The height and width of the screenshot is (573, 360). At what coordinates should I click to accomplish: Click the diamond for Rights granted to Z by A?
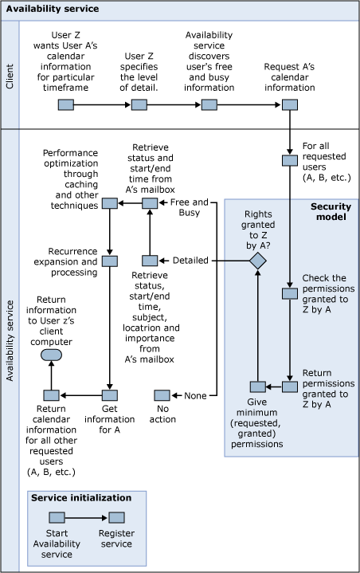click(257, 260)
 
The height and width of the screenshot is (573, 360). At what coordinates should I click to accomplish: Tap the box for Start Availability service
click(57, 517)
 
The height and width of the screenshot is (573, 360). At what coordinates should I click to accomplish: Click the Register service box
click(117, 517)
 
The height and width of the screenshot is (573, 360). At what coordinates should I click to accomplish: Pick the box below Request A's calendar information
click(290, 104)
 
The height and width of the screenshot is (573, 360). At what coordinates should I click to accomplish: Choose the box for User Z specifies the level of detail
click(139, 104)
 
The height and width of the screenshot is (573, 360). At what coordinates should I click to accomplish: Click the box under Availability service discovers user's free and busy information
click(209, 104)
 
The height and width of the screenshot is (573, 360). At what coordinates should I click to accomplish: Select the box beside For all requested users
click(290, 160)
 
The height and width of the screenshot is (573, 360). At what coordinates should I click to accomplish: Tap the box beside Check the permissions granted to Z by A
click(290, 294)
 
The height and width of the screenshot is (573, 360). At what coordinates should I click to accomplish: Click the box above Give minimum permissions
click(257, 387)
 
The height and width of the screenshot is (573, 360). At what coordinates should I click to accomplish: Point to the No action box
click(162, 395)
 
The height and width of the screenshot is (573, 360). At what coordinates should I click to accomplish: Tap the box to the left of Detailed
click(148, 261)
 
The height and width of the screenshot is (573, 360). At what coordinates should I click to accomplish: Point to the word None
click(195, 395)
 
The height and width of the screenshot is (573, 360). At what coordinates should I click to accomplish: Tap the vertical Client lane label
click(10, 73)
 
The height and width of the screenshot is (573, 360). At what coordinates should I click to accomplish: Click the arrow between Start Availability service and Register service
click(88, 517)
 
